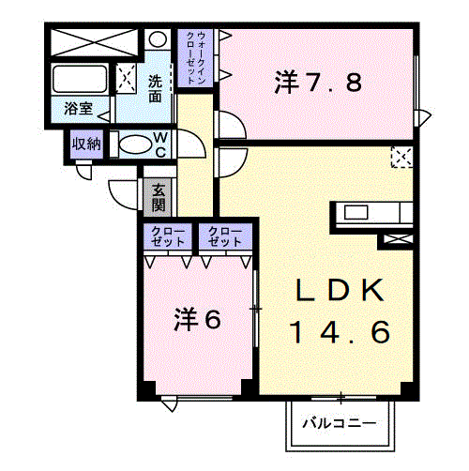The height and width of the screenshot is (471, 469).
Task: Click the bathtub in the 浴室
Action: tap(80, 79)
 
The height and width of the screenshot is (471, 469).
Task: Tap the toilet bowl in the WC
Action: tap(134, 144)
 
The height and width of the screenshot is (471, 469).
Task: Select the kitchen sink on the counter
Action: tap(356, 212)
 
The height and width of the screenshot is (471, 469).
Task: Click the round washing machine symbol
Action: tap(158, 39)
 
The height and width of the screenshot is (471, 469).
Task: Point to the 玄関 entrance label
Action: tap(159, 197)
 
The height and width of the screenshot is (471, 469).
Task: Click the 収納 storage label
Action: tap(86, 144)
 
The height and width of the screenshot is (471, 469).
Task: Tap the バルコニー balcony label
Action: tap(339, 424)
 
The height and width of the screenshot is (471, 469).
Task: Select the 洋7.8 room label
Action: tap(318, 83)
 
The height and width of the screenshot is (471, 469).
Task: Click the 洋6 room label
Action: tap(197, 319)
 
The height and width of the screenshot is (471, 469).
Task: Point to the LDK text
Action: tap(340, 290)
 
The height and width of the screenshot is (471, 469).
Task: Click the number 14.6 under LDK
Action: tap(340, 332)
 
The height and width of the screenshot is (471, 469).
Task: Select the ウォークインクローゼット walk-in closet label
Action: tap(196, 57)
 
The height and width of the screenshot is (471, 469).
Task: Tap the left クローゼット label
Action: tap(167, 236)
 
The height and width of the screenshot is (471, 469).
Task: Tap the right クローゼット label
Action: tap(225, 236)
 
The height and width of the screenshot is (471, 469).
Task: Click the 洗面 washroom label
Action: tap(155, 89)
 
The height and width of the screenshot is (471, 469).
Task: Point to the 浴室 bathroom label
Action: tap(79, 109)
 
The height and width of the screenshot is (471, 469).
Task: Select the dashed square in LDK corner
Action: tap(402, 157)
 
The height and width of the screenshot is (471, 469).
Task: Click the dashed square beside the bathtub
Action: tap(127, 78)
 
